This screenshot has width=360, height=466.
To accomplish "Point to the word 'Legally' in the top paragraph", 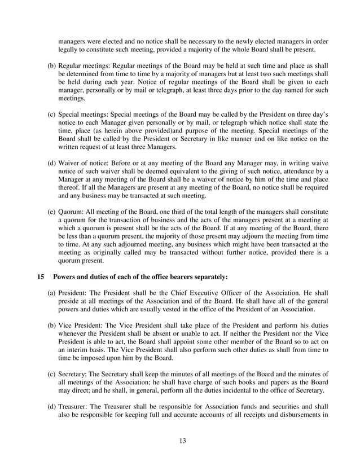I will click(x=71, y=50).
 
